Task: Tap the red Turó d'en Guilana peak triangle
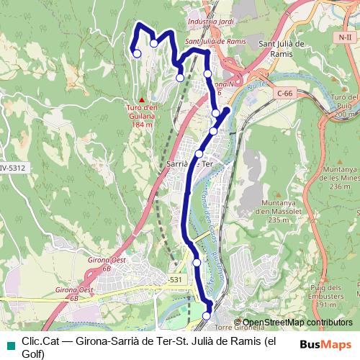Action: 143,99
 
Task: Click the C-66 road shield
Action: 284,93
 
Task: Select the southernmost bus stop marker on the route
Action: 207,315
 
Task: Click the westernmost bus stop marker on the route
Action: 137,53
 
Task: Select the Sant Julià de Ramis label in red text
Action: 215,42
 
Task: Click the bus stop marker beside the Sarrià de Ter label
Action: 199,153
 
